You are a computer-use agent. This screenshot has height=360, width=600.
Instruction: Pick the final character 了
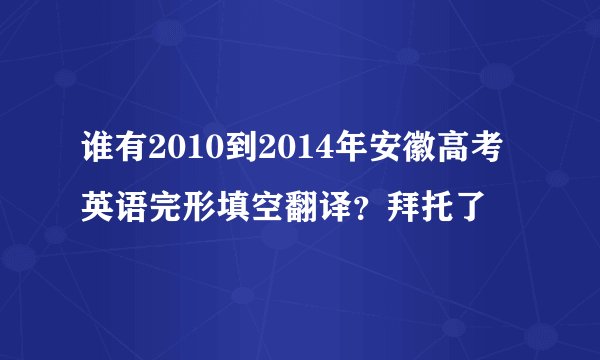click(474, 211)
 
